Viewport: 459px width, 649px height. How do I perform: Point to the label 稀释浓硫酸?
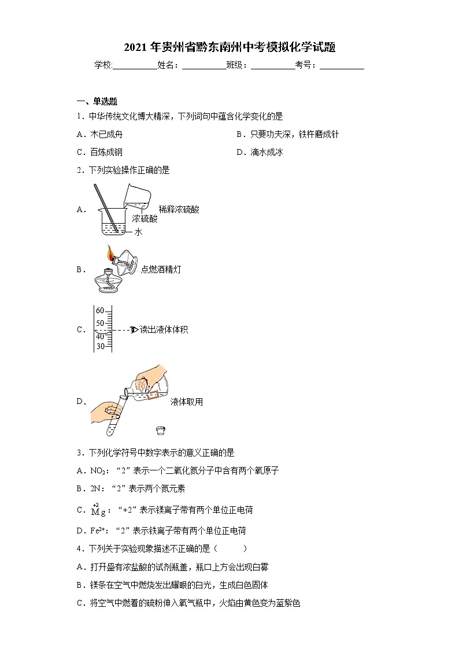(x=179, y=210)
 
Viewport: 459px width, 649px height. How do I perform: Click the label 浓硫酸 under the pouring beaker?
(x=144, y=219)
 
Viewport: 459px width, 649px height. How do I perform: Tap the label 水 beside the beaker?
(x=138, y=232)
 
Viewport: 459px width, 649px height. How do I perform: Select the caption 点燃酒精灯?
(x=161, y=269)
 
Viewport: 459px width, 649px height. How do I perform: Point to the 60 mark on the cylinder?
(x=100, y=310)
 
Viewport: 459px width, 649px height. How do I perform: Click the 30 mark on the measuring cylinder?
(x=100, y=346)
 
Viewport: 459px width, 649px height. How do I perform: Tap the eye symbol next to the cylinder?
(x=134, y=330)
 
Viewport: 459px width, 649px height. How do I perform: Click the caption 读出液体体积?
(x=164, y=330)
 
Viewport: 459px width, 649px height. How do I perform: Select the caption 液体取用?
(x=186, y=402)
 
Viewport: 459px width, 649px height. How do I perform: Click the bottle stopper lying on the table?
(x=161, y=430)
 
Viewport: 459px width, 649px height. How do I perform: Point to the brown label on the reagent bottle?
(x=153, y=396)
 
